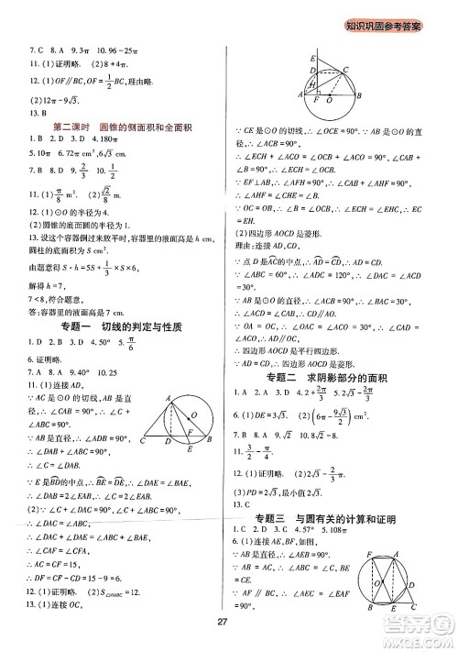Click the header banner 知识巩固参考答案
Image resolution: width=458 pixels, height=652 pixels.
(x=382, y=25)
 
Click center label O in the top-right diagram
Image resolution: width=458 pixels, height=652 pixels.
(x=330, y=100)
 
